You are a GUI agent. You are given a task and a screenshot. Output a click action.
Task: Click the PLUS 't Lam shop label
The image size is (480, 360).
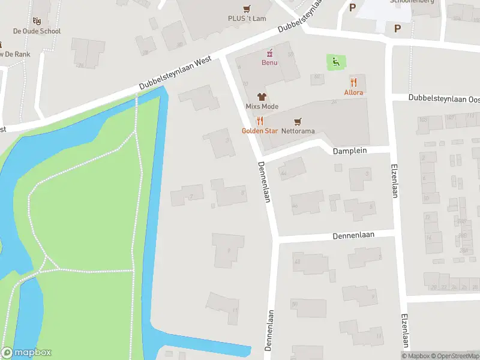coord(247,19)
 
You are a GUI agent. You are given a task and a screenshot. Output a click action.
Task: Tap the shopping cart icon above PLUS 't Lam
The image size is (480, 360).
coord(247,8)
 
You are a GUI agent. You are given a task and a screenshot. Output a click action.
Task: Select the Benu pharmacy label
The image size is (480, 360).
coord(269,62)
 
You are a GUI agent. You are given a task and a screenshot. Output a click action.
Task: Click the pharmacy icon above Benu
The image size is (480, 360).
coord(269,53)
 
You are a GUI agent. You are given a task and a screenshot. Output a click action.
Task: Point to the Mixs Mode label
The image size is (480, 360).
coord(262,106)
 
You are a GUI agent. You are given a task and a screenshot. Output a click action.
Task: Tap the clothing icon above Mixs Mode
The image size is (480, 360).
coord(262,97)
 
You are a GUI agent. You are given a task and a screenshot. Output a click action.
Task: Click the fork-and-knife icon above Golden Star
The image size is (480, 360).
coord(259,121)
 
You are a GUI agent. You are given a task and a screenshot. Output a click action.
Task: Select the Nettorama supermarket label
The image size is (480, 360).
coord(298,130)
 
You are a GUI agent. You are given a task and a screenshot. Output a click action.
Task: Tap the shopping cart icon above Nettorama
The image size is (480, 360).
coord(298,121)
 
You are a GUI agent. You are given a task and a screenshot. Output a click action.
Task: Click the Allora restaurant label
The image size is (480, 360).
coord(353,92)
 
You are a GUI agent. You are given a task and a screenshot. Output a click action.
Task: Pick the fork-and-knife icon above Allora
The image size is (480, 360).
coord(353,82)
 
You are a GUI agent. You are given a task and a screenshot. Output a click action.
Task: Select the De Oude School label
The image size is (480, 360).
coord(37,31)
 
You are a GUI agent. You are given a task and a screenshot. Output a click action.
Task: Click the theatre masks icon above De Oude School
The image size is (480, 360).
coord(37,22)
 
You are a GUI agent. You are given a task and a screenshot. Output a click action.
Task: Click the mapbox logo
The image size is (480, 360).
coord(26,353)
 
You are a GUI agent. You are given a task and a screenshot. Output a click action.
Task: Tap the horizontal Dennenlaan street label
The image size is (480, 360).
coord(353,236)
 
